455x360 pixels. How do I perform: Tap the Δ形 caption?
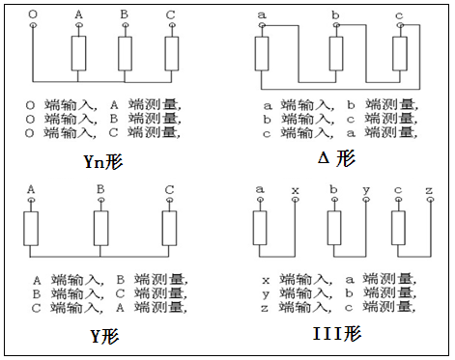tap(335, 157)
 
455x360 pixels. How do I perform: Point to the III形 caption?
tap(337, 335)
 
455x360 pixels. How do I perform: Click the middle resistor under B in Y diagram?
tap(100, 228)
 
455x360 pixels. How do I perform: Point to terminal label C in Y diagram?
tap(170, 188)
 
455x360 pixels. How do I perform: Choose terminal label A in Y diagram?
tap(32, 188)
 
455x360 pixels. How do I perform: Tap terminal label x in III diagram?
tap(294, 189)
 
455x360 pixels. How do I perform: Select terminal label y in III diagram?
tap(364, 189)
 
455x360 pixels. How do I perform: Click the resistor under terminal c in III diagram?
tap(398, 228)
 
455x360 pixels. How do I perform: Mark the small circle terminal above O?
tap(33, 27)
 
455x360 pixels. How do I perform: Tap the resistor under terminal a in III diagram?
tap(260, 228)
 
